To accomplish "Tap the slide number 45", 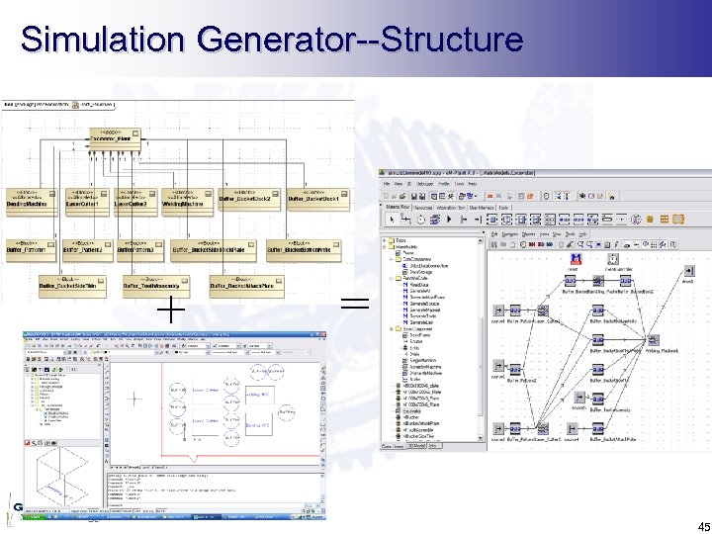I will pos(691,525).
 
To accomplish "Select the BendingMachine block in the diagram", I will pos(32,200).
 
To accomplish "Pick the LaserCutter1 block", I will pos(87,200).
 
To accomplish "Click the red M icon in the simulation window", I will pos(574,259).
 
